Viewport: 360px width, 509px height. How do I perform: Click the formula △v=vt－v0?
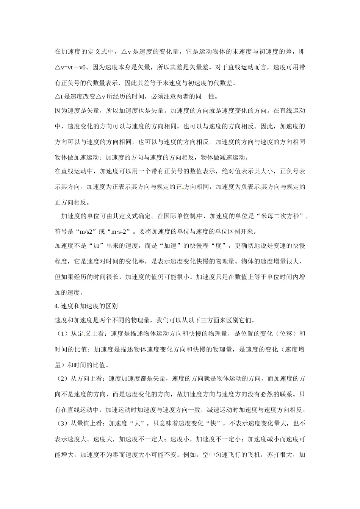coord(72,67)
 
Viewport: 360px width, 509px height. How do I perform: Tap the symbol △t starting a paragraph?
coord(58,97)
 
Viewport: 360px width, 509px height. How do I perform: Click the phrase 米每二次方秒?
coord(280,216)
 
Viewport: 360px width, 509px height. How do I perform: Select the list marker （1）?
coord(61,334)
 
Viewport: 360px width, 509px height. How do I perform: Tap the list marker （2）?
coord(61,379)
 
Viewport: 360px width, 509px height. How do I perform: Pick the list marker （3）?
coord(61,423)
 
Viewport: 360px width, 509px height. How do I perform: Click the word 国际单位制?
coord(181,216)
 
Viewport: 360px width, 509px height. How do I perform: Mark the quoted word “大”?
coord(138,423)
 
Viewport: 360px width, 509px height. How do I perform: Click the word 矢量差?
coord(199,67)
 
